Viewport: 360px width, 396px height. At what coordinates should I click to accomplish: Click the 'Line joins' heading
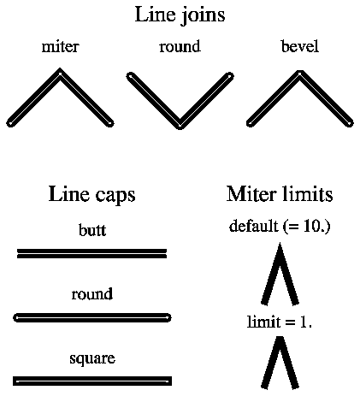pos(180,15)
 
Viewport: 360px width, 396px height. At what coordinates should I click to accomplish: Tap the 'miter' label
pos(60,46)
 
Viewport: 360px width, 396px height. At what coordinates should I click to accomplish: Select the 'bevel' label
pos(299,46)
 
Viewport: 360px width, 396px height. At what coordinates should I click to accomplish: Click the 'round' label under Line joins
pos(180,46)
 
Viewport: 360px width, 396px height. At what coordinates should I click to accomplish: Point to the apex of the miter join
pos(60,69)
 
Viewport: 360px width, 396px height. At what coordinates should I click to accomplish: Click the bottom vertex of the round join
pos(180,127)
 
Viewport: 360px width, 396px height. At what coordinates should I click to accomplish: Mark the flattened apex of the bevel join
pos(299,71)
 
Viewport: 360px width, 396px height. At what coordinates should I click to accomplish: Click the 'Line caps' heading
pos(91,195)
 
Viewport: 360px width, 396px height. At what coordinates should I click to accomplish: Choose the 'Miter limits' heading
pos(280,194)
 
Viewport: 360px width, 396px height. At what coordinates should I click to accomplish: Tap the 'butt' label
pos(92,230)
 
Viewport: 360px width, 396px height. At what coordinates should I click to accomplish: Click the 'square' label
pos(92,358)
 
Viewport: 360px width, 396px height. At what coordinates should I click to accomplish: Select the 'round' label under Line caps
pos(92,294)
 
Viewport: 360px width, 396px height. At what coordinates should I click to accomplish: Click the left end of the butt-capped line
pos(18,254)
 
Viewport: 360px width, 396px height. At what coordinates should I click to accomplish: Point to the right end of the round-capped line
pos(170,317)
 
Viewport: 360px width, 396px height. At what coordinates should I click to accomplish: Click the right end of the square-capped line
pos(172,381)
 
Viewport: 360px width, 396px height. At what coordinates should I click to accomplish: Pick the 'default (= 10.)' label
pos(280,227)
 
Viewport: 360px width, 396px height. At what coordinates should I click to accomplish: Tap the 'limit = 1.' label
pos(280,322)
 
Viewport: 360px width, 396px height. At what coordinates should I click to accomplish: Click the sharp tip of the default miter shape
pos(280,243)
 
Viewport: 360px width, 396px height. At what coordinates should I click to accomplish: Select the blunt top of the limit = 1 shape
pos(280,338)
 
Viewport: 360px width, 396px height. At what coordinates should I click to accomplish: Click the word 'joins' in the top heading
pos(204,15)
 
